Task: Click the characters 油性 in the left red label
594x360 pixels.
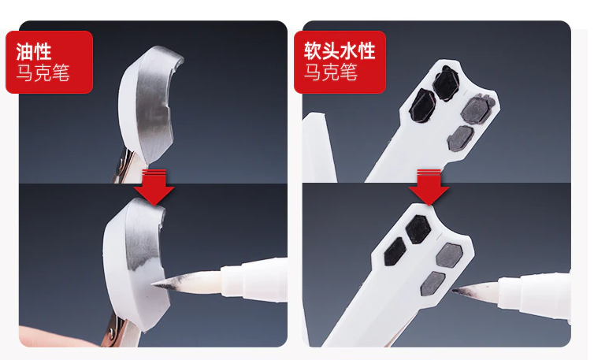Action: [33, 51]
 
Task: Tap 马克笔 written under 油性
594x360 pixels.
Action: [43, 72]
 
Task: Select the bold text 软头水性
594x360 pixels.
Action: [340, 50]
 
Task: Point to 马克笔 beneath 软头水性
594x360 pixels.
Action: [330, 72]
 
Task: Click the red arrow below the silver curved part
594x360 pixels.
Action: [154, 187]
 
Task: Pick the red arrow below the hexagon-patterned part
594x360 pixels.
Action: [429, 187]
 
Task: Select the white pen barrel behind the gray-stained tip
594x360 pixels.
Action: [254, 280]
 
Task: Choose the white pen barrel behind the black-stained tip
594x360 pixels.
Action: [534, 296]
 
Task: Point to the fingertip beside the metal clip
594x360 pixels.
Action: [57, 336]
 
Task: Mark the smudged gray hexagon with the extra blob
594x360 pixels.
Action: [477, 109]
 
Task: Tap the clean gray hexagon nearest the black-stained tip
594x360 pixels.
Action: [433, 284]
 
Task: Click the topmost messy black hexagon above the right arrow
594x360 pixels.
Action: [446, 84]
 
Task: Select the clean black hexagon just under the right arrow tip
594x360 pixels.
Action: [418, 229]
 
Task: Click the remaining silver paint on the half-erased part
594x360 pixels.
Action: [143, 243]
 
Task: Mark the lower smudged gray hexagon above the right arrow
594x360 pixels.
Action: [461, 139]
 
